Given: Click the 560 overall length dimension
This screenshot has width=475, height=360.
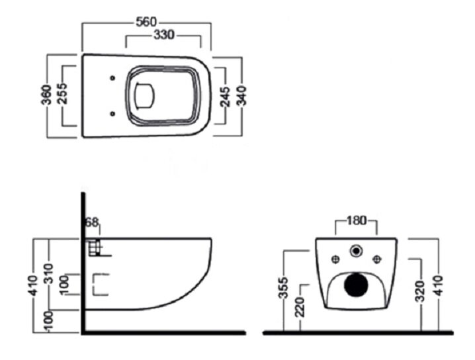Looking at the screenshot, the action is [x=146, y=22].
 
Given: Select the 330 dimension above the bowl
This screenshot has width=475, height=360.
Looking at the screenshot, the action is [x=164, y=35].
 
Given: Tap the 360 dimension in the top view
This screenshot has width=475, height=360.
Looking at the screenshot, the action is [x=46, y=95].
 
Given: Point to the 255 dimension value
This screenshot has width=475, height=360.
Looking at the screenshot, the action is [x=64, y=93].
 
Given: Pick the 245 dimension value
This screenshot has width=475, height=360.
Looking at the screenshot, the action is [x=225, y=97].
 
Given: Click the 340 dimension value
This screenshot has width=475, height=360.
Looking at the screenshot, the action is [x=241, y=96].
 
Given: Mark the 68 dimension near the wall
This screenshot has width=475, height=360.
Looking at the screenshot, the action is [x=92, y=222].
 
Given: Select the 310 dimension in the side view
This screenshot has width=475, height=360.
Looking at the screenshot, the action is [x=49, y=273].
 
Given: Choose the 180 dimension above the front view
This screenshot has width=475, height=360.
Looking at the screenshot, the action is [x=356, y=220].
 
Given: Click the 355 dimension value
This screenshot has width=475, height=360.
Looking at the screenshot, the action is [x=284, y=288].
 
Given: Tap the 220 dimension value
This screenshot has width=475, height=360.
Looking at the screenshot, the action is [x=300, y=307].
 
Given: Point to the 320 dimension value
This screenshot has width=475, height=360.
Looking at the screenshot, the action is [x=421, y=292].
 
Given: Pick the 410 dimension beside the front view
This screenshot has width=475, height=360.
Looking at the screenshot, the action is [x=438, y=285].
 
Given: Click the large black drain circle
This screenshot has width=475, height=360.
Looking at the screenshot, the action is [x=356, y=285].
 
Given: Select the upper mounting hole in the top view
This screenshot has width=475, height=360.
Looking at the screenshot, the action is [x=112, y=78].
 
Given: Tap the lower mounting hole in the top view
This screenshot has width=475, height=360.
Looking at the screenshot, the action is [x=112, y=114].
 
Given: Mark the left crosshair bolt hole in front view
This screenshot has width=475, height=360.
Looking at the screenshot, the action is [x=335, y=259].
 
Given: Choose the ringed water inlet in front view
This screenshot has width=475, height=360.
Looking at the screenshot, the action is [x=356, y=251].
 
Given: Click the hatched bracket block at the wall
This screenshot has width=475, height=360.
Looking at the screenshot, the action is [x=95, y=247].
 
